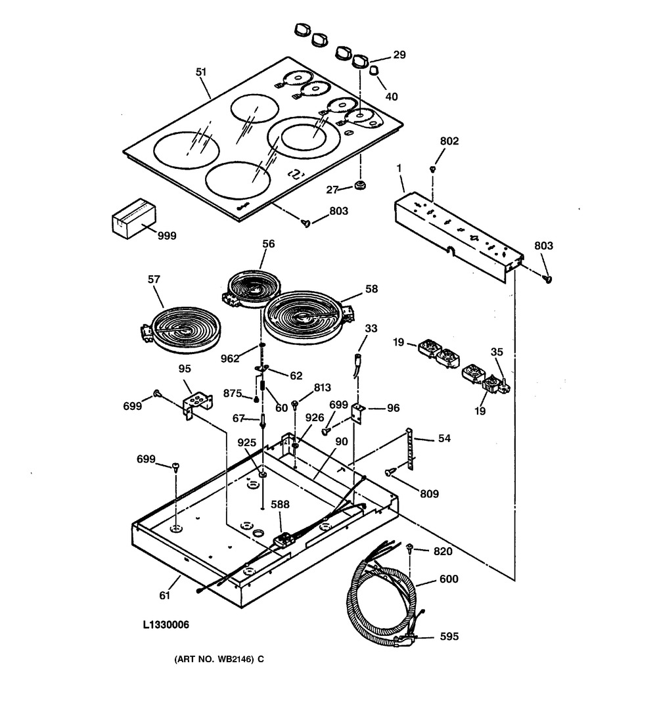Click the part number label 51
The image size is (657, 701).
202,72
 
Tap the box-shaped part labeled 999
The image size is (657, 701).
133,219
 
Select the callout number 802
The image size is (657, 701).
449,141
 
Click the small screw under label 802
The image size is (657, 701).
432,169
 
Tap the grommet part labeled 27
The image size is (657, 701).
359,185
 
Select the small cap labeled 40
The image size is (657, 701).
374,71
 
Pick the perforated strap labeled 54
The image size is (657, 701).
410,449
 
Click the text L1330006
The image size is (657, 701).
166,625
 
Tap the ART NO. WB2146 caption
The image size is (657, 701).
219,659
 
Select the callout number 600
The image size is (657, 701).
449,579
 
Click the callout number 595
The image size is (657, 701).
449,636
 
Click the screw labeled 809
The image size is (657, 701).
390,472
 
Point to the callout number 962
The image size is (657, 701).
230,359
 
